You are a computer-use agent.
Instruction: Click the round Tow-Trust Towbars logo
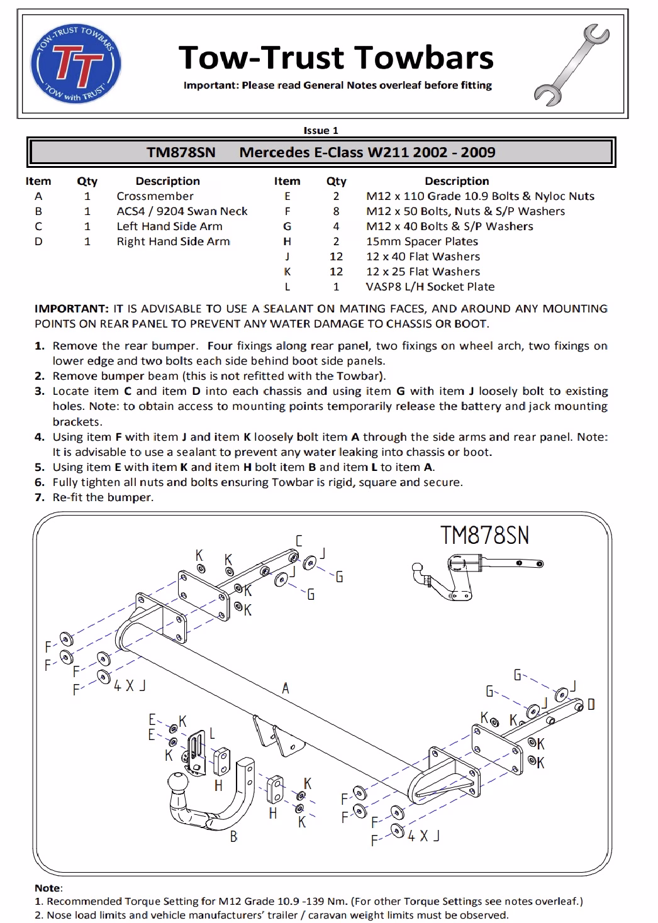[76, 64]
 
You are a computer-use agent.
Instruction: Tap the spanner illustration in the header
[571, 65]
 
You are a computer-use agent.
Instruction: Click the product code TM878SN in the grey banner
[181, 152]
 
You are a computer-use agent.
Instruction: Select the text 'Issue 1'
[321, 131]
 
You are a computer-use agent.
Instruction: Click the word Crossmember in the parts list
[155, 196]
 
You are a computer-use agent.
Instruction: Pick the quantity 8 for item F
[336, 211]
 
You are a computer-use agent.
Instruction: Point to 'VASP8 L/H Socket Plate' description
[430, 287]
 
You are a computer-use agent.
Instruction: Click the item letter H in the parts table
[287, 241]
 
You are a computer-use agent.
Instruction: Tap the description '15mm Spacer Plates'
[421, 241]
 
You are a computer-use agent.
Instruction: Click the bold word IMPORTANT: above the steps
[71, 309]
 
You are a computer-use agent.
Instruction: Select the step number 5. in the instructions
[40, 467]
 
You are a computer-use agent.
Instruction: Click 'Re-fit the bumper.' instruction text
[103, 497]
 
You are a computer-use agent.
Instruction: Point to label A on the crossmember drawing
[286, 688]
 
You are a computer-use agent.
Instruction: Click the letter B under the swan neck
[234, 837]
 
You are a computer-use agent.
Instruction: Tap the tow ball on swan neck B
[178, 782]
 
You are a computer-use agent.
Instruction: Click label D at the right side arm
[591, 704]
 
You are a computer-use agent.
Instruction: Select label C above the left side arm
[299, 541]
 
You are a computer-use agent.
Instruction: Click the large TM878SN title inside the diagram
[484, 535]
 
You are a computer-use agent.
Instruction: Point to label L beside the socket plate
[213, 733]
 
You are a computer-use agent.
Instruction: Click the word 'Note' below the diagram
[48, 888]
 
